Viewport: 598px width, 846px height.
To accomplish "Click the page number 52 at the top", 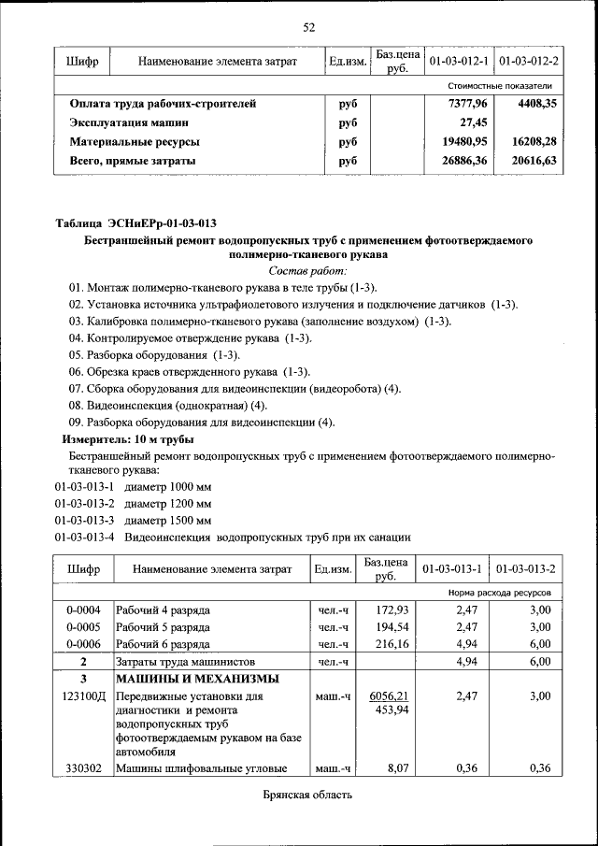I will click(x=308, y=27).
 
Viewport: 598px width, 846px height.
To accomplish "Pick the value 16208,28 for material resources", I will click(x=534, y=141).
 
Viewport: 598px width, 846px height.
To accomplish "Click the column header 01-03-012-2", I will click(x=529, y=62).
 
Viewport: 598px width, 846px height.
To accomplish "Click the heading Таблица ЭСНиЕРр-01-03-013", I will click(x=135, y=223).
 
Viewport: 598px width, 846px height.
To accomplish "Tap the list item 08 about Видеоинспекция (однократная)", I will click(x=167, y=406).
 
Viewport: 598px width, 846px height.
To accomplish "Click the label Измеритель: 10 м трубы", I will click(x=128, y=438).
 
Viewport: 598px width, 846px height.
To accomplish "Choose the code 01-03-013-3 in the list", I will click(x=84, y=520).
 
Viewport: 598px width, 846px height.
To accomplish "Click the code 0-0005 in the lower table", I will click(x=82, y=626).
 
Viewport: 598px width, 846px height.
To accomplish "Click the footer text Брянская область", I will click(x=307, y=796).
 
